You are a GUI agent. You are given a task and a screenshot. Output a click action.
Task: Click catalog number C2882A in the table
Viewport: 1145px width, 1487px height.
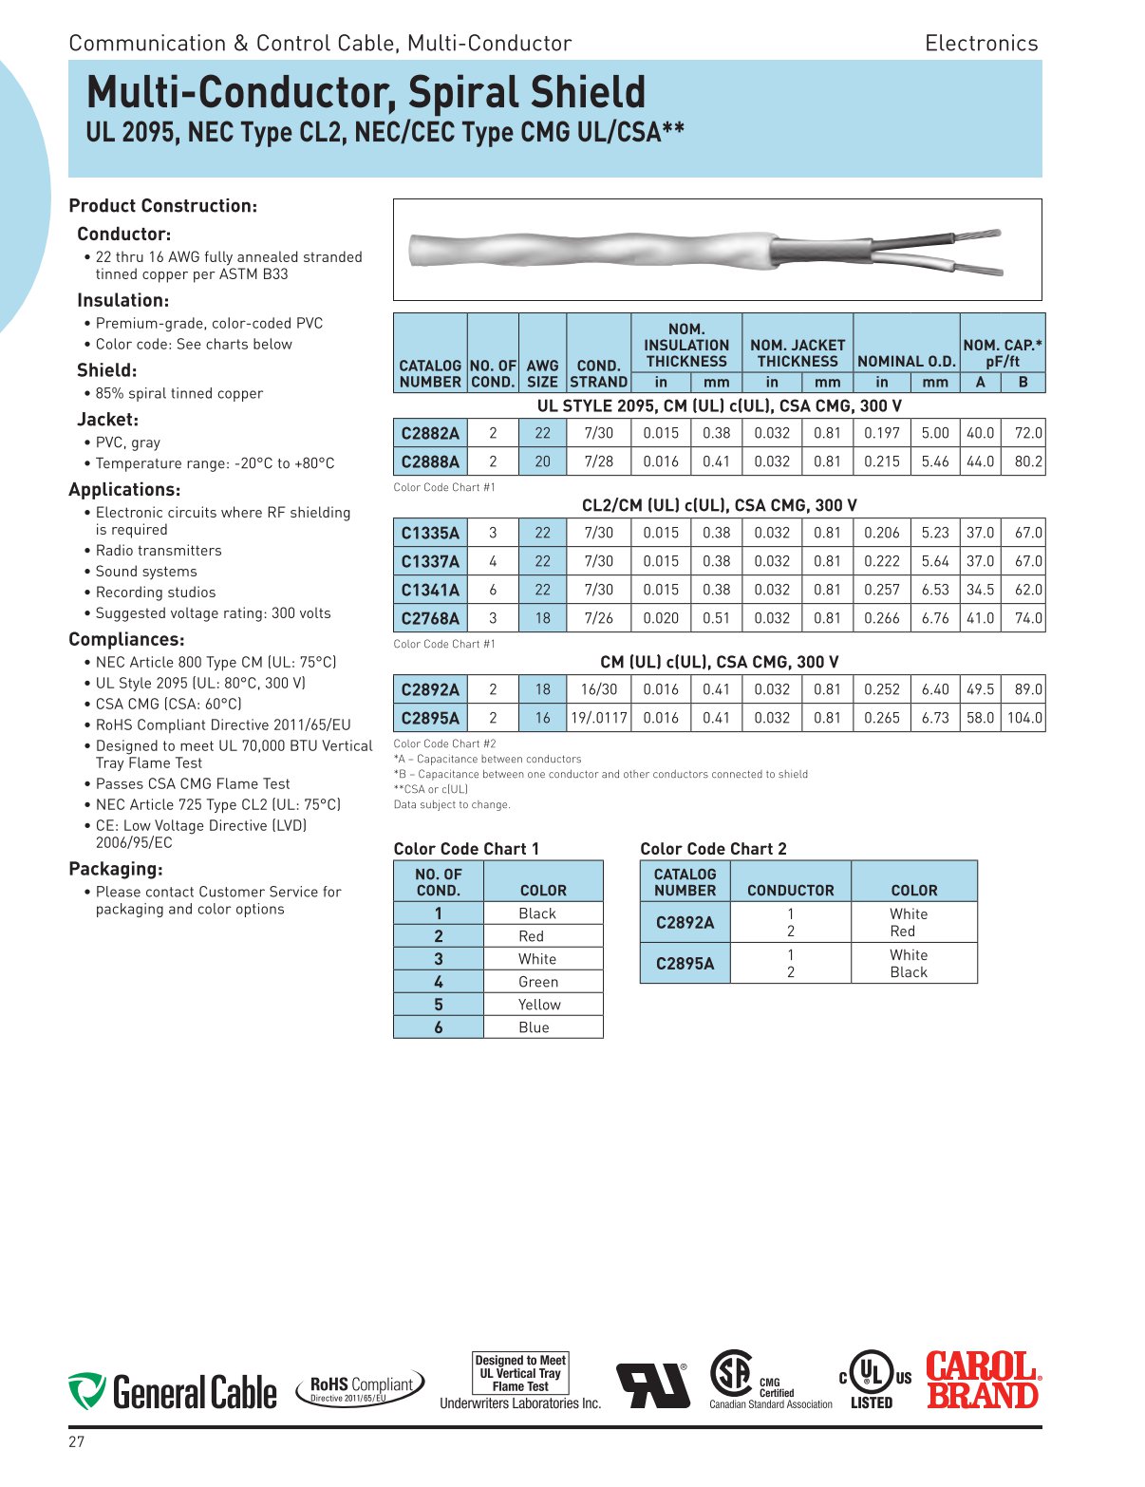tap(430, 433)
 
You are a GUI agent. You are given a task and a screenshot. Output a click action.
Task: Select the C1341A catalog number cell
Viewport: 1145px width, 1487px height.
tap(430, 590)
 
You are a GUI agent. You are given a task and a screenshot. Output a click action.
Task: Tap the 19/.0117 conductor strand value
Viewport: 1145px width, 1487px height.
tap(598, 718)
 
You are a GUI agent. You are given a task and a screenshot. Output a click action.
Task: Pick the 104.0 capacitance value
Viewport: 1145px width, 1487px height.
tap(1024, 718)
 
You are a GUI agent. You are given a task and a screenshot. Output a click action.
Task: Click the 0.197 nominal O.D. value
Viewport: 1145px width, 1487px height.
tap(881, 433)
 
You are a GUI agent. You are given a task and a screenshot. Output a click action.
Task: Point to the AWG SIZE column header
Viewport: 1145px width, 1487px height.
tap(542, 373)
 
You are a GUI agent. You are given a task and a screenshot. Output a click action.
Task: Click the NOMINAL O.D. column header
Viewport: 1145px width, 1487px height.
tap(906, 361)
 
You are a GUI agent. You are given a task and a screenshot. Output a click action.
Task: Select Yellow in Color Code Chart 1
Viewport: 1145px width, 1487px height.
tap(539, 1005)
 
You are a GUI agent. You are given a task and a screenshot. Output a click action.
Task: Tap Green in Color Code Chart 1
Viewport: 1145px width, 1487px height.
tap(538, 982)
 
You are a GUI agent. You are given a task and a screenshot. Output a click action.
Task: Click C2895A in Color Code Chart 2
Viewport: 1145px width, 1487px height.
tap(685, 963)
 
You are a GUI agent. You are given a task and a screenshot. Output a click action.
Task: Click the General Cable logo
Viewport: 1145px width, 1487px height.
tap(173, 1392)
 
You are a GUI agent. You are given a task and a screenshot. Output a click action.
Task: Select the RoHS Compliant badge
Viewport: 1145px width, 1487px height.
tap(361, 1387)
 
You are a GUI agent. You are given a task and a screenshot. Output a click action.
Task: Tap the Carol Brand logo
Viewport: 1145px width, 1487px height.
tap(983, 1380)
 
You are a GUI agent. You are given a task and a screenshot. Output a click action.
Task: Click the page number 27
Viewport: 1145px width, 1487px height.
tap(76, 1442)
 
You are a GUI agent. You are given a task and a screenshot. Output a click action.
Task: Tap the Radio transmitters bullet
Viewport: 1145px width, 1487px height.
tap(158, 551)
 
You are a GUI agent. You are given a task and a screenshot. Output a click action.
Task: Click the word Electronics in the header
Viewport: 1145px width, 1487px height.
tap(981, 44)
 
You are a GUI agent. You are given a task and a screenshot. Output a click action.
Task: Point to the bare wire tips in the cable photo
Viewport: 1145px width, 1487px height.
tap(980, 252)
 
